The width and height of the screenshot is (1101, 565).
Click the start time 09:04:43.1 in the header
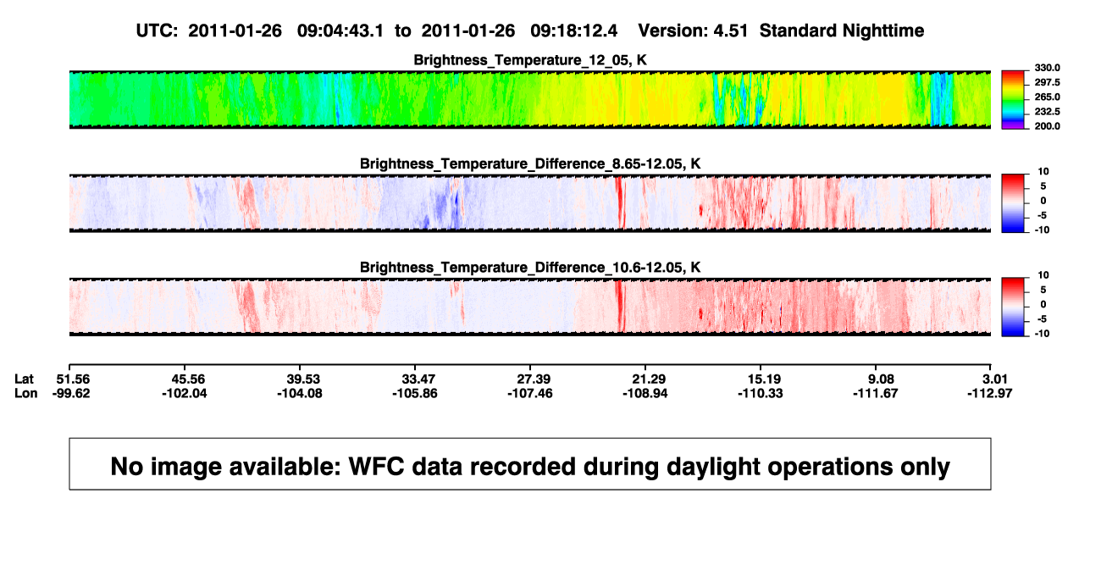[340, 31]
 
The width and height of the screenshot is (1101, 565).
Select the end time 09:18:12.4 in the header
[573, 31]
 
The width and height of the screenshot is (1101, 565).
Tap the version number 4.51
[730, 31]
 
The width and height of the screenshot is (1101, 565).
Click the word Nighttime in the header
[882, 31]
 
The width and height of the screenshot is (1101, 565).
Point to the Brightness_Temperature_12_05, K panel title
[530, 60]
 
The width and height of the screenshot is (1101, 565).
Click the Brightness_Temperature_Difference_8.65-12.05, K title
[530, 163]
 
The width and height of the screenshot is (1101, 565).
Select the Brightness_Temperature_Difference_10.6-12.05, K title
[530, 268]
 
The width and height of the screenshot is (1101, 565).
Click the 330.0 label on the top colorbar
[1047, 68]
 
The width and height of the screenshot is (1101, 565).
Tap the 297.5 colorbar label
[1047, 82]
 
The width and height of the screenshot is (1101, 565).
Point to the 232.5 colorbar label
[1047, 112]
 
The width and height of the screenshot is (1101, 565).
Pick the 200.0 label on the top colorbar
[1047, 126]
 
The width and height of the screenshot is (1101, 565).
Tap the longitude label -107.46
[530, 394]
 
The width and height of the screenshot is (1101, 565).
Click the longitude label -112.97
[989, 394]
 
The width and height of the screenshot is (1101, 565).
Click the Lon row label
[25, 394]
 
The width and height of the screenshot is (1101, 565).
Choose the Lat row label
[24, 379]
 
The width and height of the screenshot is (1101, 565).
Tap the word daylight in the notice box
[712, 468]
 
